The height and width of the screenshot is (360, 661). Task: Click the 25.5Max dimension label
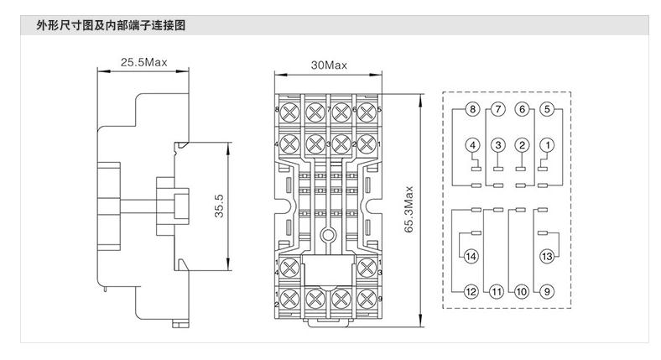tap(144, 63)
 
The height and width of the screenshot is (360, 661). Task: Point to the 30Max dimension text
tap(328, 65)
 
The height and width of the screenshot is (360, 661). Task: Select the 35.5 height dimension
tap(218, 206)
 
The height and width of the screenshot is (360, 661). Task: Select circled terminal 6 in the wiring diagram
tap(522, 110)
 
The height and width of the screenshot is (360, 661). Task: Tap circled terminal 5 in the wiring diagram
tap(547, 110)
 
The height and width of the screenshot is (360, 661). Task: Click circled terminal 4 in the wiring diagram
tap(473, 145)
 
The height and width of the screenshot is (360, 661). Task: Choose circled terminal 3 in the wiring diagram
tap(497, 145)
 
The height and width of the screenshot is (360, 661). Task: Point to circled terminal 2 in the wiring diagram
tap(522, 145)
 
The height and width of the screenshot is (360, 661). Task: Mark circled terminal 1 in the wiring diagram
tap(547, 145)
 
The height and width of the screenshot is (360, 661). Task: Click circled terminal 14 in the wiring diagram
tap(471, 256)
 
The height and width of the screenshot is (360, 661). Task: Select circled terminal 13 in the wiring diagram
tap(546, 256)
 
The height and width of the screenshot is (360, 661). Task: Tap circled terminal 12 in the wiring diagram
tap(471, 291)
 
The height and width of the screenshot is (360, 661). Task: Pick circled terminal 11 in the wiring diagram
tap(496, 291)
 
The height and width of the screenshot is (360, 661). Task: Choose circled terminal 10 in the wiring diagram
tap(521, 291)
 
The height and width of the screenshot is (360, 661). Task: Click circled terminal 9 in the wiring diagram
tap(546, 291)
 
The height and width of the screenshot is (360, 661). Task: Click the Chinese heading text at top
tap(111, 25)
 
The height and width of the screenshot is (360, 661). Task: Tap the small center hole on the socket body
tap(329, 237)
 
